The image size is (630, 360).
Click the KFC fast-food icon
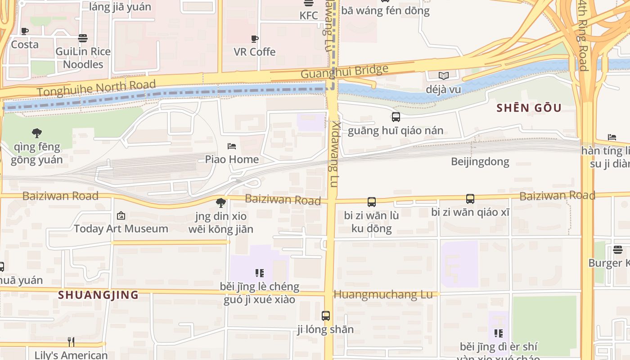click(309, 3)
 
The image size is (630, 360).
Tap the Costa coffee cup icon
click(25, 31)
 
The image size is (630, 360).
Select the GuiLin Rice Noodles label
click(83, 58)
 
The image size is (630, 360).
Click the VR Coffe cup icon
click(255, 39)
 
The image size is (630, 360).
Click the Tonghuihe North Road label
click(96, 88)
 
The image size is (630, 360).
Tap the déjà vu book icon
click(444, 76)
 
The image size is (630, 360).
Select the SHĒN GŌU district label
click(529, 108)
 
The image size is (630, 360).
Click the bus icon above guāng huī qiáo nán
click(396, 117)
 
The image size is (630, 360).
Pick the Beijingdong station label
click(480, 162)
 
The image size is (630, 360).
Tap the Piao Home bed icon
click(232, 146)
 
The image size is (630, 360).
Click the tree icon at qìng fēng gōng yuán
click(37, 133)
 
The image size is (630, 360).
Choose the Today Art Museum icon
click(121, 216)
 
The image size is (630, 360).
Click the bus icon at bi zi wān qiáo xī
click(470, 198)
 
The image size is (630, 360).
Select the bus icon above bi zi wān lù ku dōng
click(372, 202)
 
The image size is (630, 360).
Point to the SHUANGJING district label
click(98, 295)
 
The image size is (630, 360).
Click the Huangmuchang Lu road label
click(383, 295)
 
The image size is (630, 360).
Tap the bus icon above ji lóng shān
click(326, 316)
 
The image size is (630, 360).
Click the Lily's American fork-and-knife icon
click(71, 342)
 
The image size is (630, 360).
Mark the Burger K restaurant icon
click(617, 250)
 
